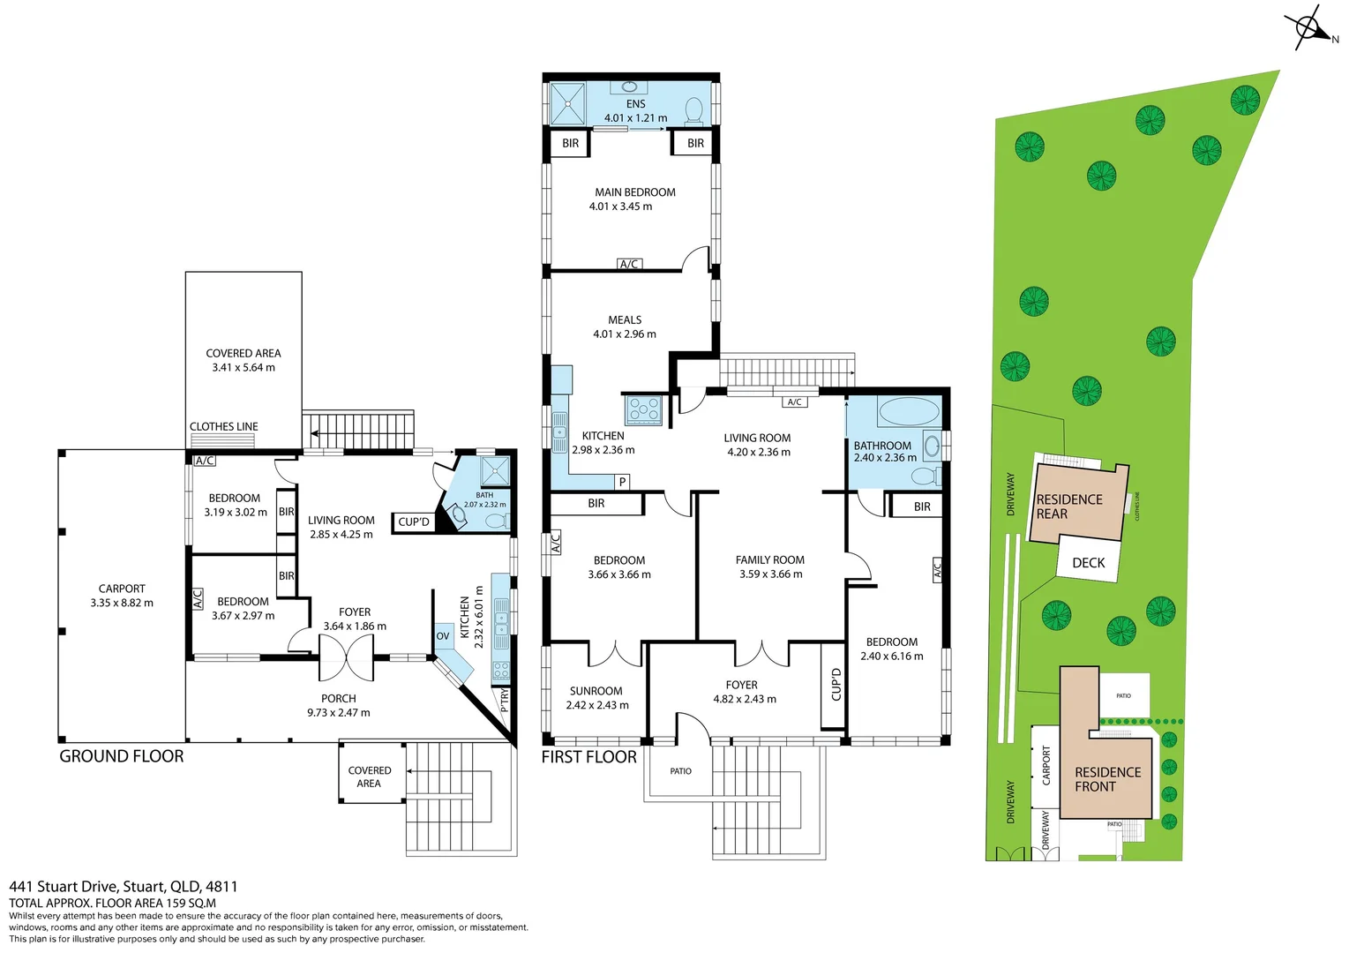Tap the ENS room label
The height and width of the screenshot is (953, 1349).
coord(635,104)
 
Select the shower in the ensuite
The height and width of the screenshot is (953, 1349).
coord(568,103)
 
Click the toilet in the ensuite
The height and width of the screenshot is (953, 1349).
coord(694,111)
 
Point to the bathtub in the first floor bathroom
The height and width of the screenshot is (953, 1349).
coord(909,412)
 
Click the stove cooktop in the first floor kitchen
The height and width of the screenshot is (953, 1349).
coord(643,409)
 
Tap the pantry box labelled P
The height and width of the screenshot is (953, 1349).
coord(623,482)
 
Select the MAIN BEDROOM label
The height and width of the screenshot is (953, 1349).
coord(634,192)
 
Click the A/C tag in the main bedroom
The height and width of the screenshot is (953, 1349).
coord(629,264)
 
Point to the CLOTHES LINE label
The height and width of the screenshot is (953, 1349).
coord(224,426)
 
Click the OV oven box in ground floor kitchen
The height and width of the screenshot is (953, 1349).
coord(443,636)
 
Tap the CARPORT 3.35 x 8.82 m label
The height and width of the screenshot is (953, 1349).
coord(122,596)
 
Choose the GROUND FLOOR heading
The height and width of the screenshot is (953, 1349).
coord(122,756)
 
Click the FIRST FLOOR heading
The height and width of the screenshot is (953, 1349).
coord(588,757)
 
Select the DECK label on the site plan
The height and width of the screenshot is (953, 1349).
coord(1088,563)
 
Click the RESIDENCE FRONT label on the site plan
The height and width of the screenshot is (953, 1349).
coord(1107,779)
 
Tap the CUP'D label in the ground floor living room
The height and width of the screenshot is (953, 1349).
coord(413,522)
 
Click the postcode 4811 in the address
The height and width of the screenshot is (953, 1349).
coord(221,887)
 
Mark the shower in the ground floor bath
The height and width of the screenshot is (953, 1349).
coord(495,471)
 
